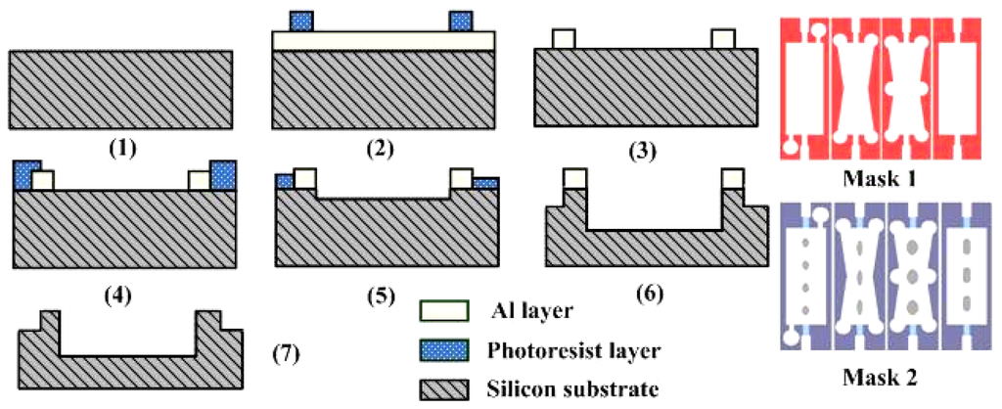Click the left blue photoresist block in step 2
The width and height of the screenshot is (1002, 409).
[302, 20]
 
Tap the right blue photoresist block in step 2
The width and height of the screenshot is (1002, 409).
[460, 20]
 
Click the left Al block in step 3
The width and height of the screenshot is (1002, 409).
[563, 39]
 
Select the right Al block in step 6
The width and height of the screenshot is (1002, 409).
[733, 177]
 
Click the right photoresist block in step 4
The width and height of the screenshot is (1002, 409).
[224, 174]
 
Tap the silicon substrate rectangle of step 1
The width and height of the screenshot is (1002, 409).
[120, 88]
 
